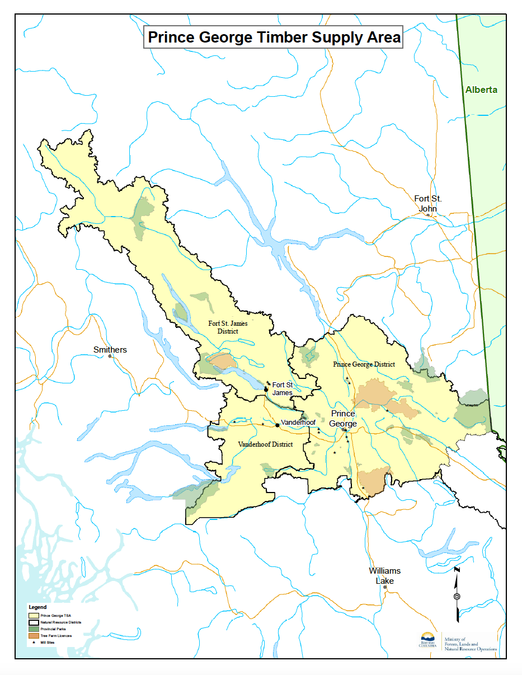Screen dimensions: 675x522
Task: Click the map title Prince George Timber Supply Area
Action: (x=274, y=37)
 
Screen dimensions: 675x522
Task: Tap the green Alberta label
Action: (x=481, y=90)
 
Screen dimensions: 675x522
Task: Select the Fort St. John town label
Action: (x=428, y=203)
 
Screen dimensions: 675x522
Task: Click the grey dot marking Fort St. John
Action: (x=428, y=215)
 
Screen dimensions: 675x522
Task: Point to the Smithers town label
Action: (x=110, y=350)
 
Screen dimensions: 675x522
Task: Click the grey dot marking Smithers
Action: (x=110, y=356)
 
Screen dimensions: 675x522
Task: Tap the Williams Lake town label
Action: (x=384, y=575)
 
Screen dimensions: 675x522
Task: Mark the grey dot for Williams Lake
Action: (x=384, y=587)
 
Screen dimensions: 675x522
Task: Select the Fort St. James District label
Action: (x=228, y=327)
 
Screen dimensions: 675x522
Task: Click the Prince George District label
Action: (x=364, y=364)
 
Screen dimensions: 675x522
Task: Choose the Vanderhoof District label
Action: (x=265, y=444)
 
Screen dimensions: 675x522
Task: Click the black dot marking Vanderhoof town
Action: (x=278, y=425)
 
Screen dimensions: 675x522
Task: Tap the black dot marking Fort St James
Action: (x=266, y=389)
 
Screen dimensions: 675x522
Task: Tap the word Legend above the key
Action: (x=37, y=607)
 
